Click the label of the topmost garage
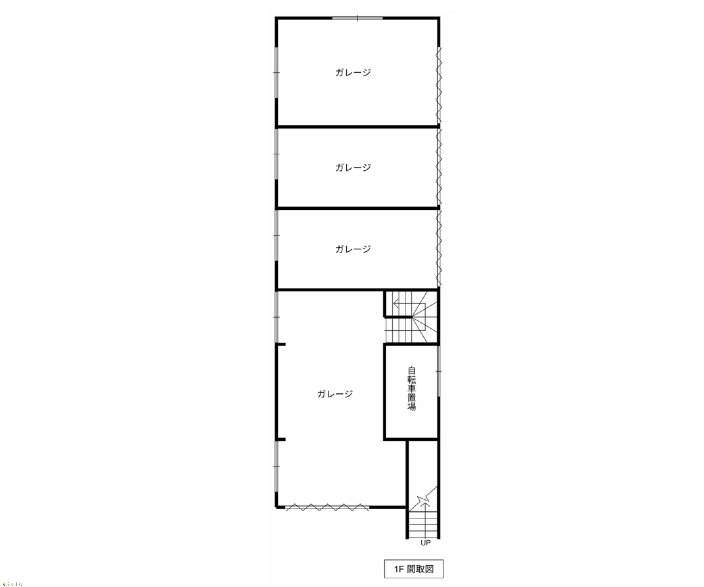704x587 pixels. pos(353,72)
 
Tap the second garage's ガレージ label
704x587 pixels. pos(353,167)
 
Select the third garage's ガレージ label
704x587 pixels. pos(353,249)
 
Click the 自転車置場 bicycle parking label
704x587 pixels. pos(412,389)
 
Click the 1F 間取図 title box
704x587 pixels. pos(414,569)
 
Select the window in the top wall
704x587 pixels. pos(358,18)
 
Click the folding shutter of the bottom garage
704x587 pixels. pos(328,507)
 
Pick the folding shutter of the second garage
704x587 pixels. pos(439,167)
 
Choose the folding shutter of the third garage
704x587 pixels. pos(439,248)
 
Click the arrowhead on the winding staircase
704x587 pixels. pos(396,304)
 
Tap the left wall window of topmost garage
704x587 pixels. pos(277,72)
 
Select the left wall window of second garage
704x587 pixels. pos(277,154)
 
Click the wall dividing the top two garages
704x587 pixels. pos(358,127)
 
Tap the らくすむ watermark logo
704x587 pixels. pos(12,584)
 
